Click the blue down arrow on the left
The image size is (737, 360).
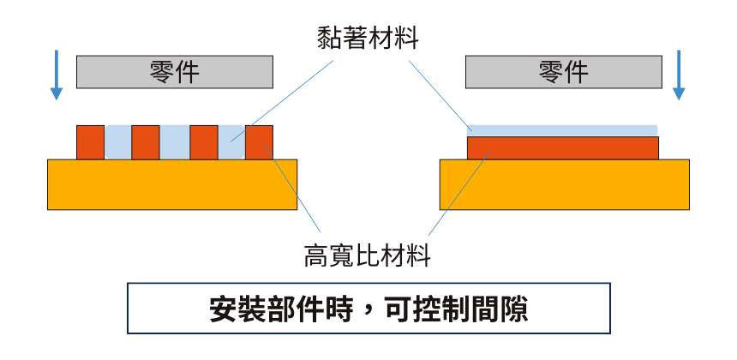[x=57, y=75]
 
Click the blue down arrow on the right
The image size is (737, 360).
[x=679, y=75]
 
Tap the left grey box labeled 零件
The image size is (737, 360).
[x=174, y=73]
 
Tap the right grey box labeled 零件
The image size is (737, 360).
[x=563, y=73]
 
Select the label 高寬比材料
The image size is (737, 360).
[x=368, y=255]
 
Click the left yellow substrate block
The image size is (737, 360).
[x=171, y=184]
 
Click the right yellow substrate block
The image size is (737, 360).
[x=564, y=184]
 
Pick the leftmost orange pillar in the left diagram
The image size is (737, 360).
[x=90, y=142]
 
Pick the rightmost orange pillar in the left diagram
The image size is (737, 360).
[x=260, y=142]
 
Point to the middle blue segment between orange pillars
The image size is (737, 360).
[x=174, y=142]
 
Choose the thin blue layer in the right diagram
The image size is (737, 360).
[x=562, y=130]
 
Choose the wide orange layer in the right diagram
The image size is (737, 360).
[x=562, y=148]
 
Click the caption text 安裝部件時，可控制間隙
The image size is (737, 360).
[x=368, y=309]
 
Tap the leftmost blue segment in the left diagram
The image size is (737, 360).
[x=117, y=142]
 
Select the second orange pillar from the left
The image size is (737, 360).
[x=146, y=142]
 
